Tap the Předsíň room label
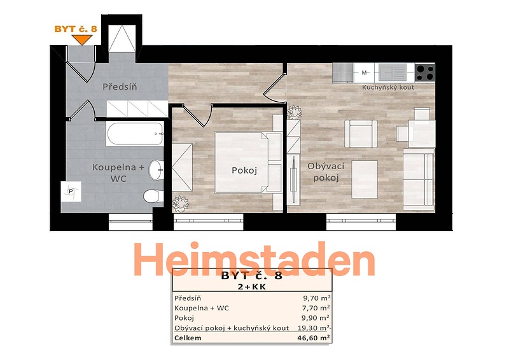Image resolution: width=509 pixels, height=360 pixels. (120, 87)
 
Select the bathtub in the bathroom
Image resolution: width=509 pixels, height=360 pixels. (135, 134)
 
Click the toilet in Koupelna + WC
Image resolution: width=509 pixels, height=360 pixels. (153, 196)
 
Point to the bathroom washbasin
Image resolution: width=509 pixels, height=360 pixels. (156, 169)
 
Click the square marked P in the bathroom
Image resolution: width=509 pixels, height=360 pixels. (71, 191)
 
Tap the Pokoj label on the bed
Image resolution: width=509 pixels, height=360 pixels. (244, 170)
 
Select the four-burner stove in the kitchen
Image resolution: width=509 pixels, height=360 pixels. (425, 73)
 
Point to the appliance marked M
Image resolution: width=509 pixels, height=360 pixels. (364, 73)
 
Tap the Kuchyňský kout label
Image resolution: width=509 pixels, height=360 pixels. (388, 87)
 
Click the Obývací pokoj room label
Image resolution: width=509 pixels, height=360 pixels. (326, 172)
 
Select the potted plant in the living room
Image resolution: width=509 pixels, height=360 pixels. (295, 112)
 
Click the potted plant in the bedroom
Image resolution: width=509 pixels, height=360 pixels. (180, 204)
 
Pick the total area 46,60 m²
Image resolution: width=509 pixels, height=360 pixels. (314, 338)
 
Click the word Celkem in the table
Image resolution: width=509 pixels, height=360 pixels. (188, 338)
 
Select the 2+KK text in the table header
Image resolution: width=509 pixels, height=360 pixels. (251, 287)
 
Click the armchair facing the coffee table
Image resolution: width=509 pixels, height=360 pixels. (361, 134)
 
